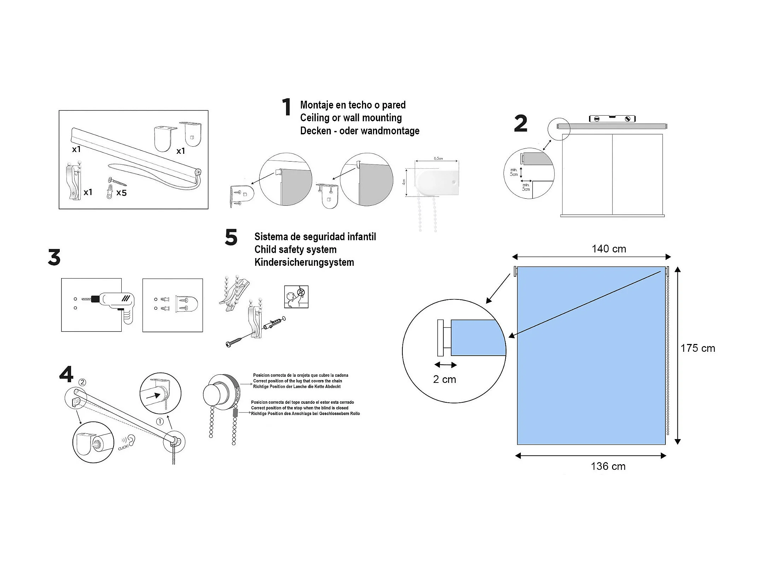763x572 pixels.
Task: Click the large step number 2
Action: (x=520, y=124)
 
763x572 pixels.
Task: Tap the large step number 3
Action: (x=54, y=257)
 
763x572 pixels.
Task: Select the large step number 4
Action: (x=66, y=374)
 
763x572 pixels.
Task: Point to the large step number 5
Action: (x=231, y=237)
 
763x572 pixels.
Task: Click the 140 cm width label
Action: (x=609, y=249)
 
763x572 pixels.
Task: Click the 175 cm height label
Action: (x=698, y=348)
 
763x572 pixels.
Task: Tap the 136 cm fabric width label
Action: (x=608, y=466)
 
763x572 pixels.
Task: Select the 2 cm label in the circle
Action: (x=444, y=379)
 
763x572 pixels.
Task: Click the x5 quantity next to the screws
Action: (x=121, y=193)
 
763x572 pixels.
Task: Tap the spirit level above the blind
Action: (x=612, y=119)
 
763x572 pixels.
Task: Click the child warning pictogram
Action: (x=296, y=297)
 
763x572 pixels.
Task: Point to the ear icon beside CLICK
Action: (x=132, y=440)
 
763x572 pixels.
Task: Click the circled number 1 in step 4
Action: (x=160, y=421)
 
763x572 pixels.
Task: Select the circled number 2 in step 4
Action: (x=82, y=382)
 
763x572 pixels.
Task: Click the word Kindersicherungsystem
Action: (x=304, y=262)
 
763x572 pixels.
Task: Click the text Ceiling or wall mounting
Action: (x=351, y=118)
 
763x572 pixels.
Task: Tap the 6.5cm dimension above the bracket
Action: (x=438, y=158)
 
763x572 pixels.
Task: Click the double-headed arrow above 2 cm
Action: (x=445, y=365)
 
